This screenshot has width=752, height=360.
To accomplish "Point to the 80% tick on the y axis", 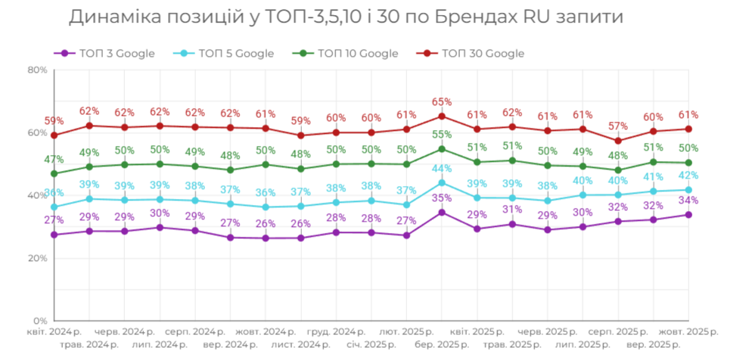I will (37, 70).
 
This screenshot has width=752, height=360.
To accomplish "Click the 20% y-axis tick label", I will (37, 258).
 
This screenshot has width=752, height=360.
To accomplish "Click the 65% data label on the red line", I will (442, 101).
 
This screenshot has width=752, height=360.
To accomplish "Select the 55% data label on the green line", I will (442, 134).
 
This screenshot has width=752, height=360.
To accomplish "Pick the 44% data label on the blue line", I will (442, 168).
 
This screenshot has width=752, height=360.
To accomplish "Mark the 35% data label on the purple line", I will (442, 198).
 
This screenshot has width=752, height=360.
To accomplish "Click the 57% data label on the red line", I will (618, 126).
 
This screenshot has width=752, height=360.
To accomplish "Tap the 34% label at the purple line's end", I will (688, 200).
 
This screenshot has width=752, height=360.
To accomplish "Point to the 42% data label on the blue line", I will (688, 175).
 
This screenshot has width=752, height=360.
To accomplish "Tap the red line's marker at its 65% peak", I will (442, 116).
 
